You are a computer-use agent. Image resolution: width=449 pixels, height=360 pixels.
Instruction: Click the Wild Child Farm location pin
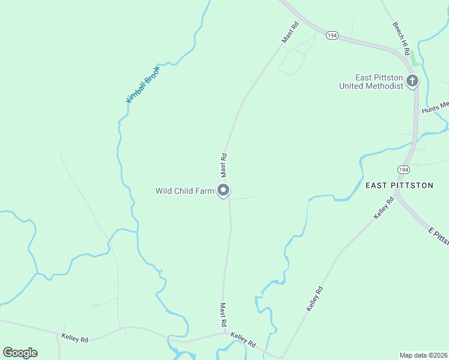(x=224, y=191)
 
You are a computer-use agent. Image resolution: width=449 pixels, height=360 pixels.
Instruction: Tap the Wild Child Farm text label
(x=185, y=191)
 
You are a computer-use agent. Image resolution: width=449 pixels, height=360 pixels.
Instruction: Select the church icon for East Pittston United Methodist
(x=412, y=81)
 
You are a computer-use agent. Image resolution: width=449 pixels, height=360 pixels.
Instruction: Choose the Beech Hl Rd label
(x=400, y=36)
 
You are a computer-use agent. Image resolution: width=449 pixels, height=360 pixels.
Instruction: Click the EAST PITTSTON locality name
(x=399, y=185)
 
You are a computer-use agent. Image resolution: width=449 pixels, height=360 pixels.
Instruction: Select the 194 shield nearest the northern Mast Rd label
(x=333, y=36)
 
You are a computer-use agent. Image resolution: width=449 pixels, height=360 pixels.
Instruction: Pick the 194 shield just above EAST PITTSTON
(x=403, y=170)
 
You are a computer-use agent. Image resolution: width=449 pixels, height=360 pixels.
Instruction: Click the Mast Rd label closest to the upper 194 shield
(x=291, y=32)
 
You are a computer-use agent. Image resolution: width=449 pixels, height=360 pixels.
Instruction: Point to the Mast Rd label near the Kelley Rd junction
(x=222, y=314)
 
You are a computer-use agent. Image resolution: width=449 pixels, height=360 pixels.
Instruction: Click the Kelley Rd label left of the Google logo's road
(x=75, y=338)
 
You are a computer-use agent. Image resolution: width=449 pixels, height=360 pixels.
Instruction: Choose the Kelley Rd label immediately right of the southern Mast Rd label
(x=243, y=340)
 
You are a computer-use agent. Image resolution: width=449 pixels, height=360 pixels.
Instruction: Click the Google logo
(x=20, y=353)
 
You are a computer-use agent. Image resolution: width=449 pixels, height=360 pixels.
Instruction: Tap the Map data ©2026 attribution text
(x=424, y=355)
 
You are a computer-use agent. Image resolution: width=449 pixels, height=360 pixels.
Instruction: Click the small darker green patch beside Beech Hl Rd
(x=414, y=60)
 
